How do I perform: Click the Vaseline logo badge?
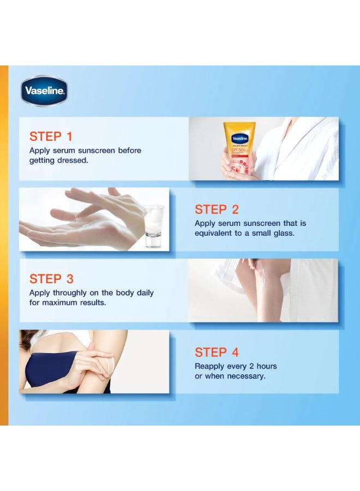coord(44,91)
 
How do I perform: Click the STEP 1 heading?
coord(51,136)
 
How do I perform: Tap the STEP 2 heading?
coord(217,209)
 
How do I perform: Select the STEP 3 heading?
coord(51,279)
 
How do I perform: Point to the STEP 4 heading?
coord(217,352)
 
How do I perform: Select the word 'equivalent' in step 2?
coord(214,233)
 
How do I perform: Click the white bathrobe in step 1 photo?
coord(300,147)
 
